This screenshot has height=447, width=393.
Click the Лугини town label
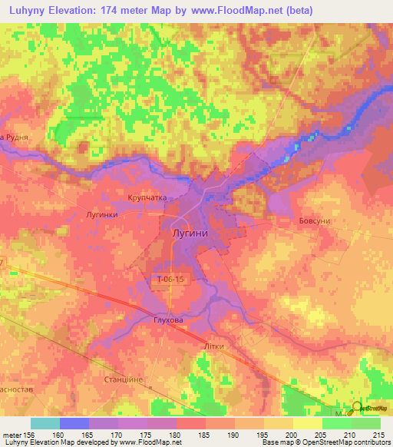(x=190, y=231)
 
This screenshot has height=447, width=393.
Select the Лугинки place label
(x=101, y=215)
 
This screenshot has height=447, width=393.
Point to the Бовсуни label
(x=314, y=221)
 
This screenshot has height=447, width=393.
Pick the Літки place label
(x=213, y=346)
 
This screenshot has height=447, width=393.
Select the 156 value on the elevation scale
(x=31, y=434)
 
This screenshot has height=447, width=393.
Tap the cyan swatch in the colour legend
(x=45, y=423)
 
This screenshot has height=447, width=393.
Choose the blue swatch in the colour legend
(x=74, y=423)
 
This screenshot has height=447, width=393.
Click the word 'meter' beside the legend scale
(x=12, y=434)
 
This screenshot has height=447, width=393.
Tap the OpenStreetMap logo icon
(x=358, y=408)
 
